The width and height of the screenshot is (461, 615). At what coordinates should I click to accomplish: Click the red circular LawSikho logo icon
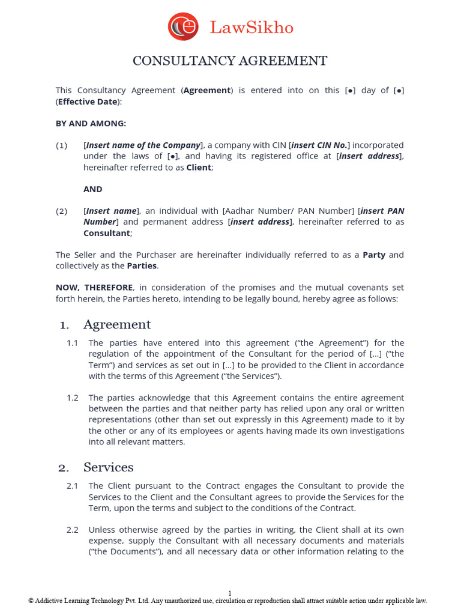(x=183, y=26)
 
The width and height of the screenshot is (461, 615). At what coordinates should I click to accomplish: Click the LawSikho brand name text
(x=252, y=28)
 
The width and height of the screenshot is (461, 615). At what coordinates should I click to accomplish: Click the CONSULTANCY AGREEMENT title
(x=230, y=61)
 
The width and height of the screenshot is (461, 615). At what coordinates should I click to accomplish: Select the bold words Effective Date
(x=88, y=101)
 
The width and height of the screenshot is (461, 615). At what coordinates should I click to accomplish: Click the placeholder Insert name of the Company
(x=143, y=145)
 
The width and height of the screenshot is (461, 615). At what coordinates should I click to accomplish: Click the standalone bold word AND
(x=93, y=189)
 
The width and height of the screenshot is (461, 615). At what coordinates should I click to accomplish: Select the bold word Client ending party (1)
(x=199, y=167)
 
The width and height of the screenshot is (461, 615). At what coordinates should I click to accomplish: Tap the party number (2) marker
(x=62, y=211)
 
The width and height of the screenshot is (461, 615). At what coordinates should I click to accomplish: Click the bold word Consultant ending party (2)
(x=106, y=232)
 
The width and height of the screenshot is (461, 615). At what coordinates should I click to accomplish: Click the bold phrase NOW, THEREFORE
(x=94, y=288)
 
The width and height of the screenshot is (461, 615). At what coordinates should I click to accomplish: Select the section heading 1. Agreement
(x=106, y=325)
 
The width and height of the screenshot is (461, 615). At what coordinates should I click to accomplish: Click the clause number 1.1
(x=73, y=343)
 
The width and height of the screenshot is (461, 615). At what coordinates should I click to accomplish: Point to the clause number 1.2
(x=73, y=398)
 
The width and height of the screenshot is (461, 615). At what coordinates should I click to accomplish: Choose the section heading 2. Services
(x=96, y=467)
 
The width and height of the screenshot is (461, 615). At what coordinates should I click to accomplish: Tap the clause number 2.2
(x=73, y=530)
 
